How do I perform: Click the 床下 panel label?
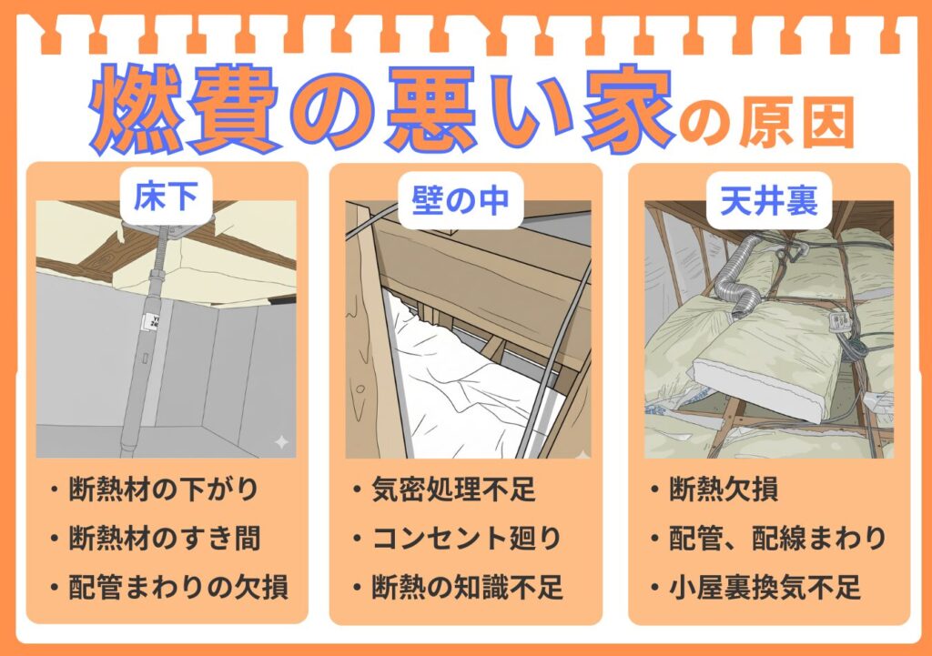point(167,197)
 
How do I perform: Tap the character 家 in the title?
point(620,107)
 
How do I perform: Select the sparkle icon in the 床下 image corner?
point(281,442)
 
